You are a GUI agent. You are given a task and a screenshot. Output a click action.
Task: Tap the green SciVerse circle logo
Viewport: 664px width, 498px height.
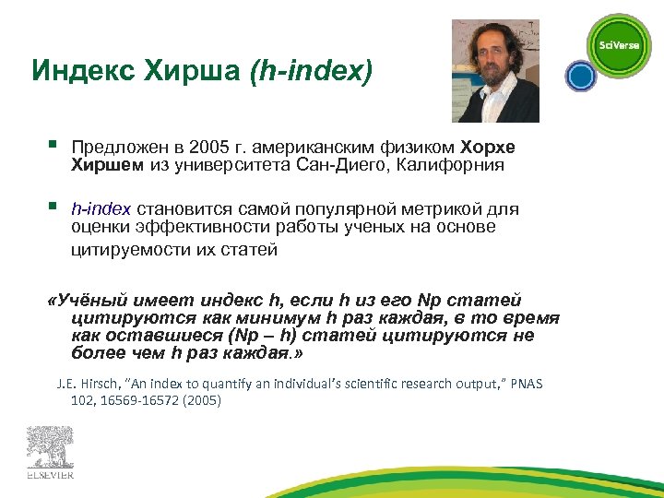point(619,45)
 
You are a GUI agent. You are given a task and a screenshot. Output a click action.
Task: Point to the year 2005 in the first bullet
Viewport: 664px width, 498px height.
point(207,148)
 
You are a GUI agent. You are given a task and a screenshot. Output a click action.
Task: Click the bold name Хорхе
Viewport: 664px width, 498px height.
point(488,148)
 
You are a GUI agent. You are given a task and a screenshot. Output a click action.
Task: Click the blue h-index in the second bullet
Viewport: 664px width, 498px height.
point(101,209)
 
